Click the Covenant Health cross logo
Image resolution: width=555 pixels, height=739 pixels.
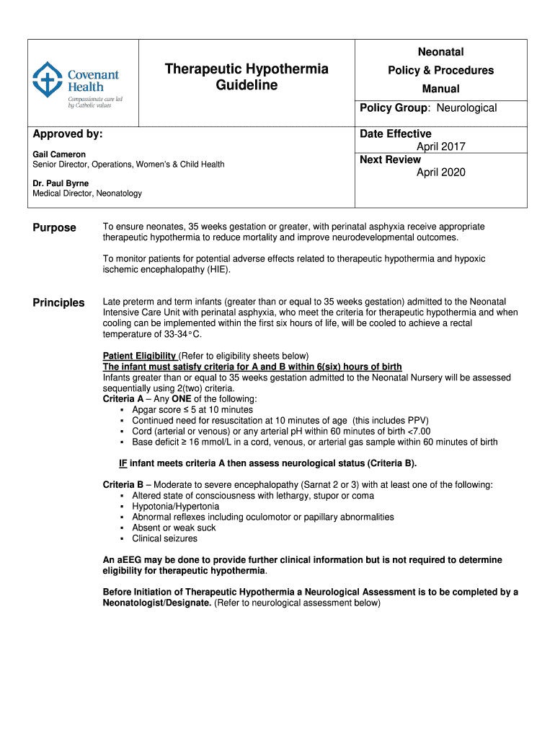pyautogui.click(x=48, y=80)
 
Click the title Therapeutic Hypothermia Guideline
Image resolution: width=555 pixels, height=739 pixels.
pyautogui.click(x=247, y=77)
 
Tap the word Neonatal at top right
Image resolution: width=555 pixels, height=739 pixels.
pyautogui.click(x=440, y=52)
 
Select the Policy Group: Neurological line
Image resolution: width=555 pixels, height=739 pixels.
pyautogui.click(x=428, y=108)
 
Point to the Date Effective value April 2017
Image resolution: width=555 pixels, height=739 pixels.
pyautogui.click(x=441, y=147)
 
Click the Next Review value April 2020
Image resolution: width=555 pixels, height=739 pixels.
pyautogui.click(x=441, y=172)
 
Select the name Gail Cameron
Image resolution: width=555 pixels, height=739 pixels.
pyautogui.click(x=59, y=154)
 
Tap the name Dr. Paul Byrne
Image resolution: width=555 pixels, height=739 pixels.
pyautogui.click(x=61, y=183)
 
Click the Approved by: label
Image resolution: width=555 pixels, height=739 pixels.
pyautogui.click(x=68, y=134)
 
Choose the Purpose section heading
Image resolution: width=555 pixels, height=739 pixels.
pyautogui.click(x=54, y=228)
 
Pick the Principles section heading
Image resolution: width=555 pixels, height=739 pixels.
pyautogui.click(x=58, y=303)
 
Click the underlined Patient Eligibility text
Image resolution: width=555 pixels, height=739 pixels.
pyautogui.click(x=140, y=356)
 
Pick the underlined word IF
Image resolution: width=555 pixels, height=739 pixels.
pyautogui.click(x=123, y=463)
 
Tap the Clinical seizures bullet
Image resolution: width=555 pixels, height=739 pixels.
pyautogui.click(x=164, y=538)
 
